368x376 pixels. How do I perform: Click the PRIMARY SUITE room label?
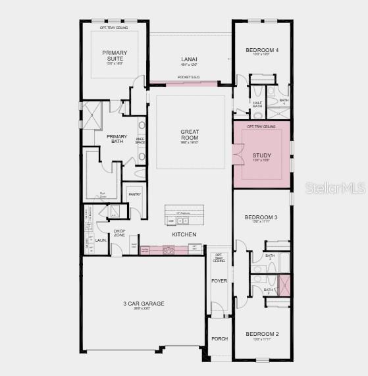point(115,55)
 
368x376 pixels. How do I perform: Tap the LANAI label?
point(190,59)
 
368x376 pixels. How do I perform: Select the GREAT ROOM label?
point(190,135)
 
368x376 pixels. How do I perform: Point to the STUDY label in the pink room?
point(261,155)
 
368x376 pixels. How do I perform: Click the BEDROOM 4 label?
point(262,49)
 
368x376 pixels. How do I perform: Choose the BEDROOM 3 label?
point(261,217)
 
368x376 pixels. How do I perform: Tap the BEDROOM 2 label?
point(261,334)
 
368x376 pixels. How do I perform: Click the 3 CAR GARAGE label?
point(144,304)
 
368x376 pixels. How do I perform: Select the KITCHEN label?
point(184,234)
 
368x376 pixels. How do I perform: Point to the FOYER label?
point(219,281)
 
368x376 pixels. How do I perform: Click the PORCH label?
point(219,339)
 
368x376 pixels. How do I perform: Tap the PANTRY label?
point(134,194)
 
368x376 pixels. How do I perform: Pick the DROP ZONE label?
point(119,233)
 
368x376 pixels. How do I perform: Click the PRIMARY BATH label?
point(117,139)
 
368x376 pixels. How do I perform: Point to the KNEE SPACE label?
point(140,141)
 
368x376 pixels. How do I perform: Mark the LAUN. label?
point(101,241)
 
